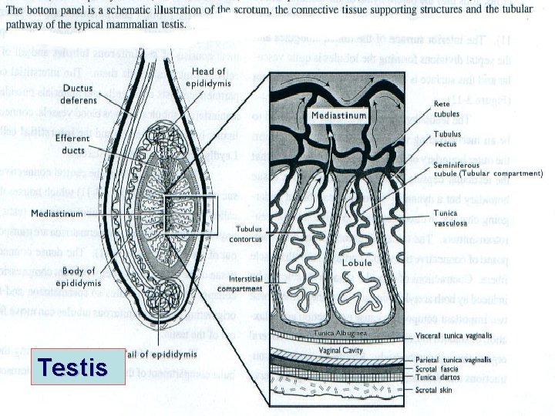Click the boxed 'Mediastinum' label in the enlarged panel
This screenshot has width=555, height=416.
point(338,114)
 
